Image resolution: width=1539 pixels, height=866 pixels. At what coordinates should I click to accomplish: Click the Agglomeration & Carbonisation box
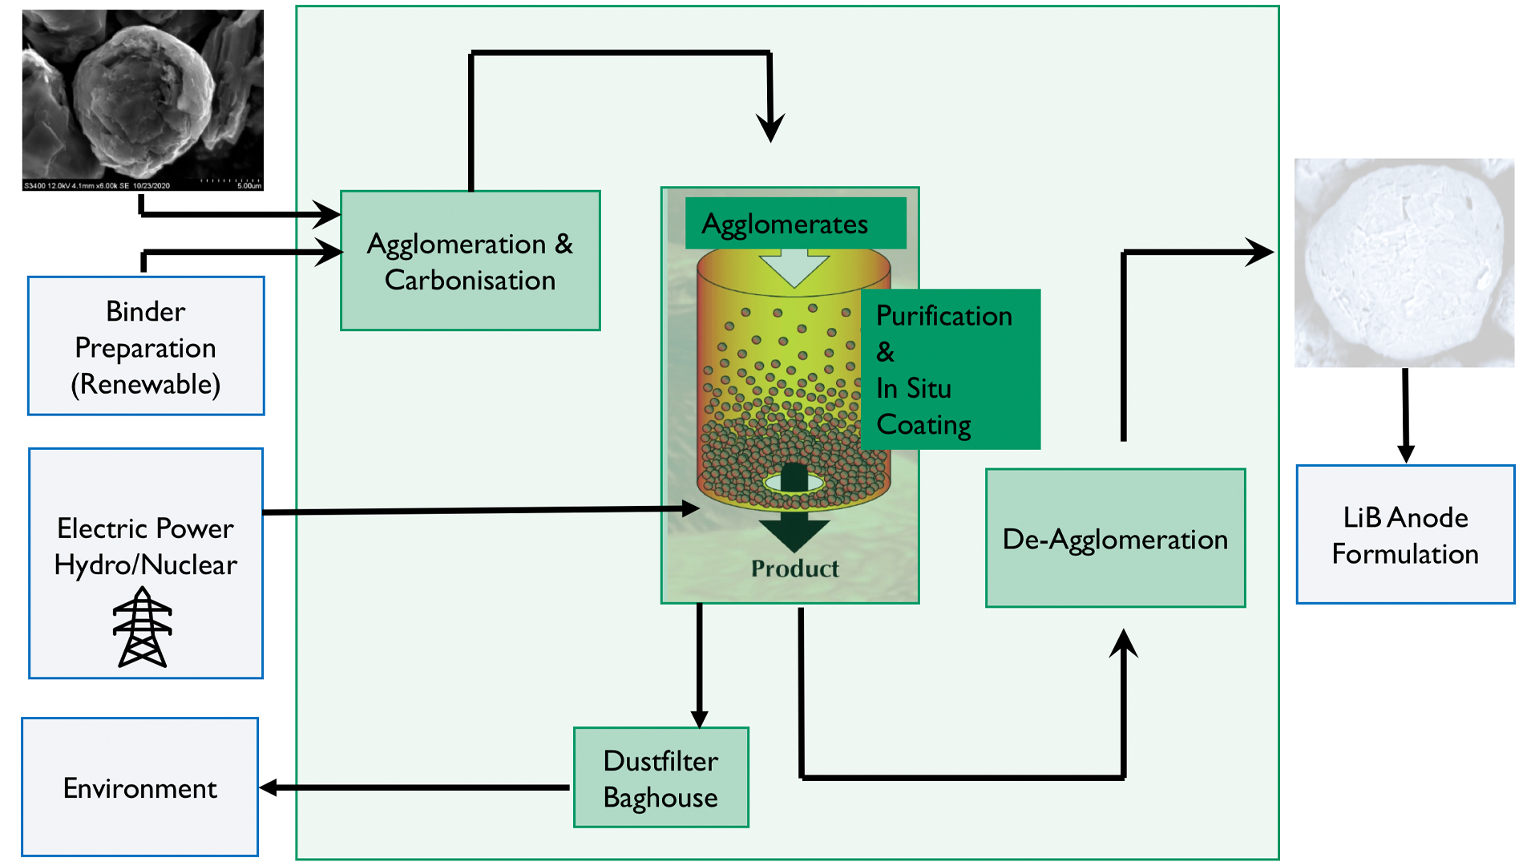coord(470,261)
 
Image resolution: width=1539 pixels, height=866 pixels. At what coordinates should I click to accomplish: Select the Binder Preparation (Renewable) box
coord(146,346)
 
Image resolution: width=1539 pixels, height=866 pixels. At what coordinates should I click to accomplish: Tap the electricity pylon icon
coord(143,628)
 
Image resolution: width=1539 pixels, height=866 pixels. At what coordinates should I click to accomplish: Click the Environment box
coord(140,787)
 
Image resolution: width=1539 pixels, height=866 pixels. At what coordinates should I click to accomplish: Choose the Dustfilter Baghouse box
coord(660,778)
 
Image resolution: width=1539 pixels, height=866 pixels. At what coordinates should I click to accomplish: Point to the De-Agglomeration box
coord(1115,538)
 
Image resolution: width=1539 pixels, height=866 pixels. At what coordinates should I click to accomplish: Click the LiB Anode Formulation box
coord(1405,535)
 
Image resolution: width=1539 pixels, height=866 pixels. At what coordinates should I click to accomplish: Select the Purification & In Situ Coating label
coord(950,370)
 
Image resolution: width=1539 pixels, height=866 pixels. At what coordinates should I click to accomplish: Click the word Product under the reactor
coord(794,569)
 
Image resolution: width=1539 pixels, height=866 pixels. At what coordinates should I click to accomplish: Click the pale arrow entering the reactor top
coord(794,267)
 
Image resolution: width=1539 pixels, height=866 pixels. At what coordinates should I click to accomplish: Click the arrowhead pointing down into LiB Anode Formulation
coord(1405,453)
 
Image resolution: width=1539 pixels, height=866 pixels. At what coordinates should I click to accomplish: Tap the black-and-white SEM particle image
coord(143,100)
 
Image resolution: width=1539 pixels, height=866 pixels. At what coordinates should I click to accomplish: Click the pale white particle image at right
coord(1404,263)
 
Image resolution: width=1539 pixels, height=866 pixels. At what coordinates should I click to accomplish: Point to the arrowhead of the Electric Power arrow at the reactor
coord(690,508)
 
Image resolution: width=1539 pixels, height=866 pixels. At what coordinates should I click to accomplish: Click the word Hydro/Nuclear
coord(146,565)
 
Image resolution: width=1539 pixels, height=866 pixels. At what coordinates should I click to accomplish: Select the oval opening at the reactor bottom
coord(794,483)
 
